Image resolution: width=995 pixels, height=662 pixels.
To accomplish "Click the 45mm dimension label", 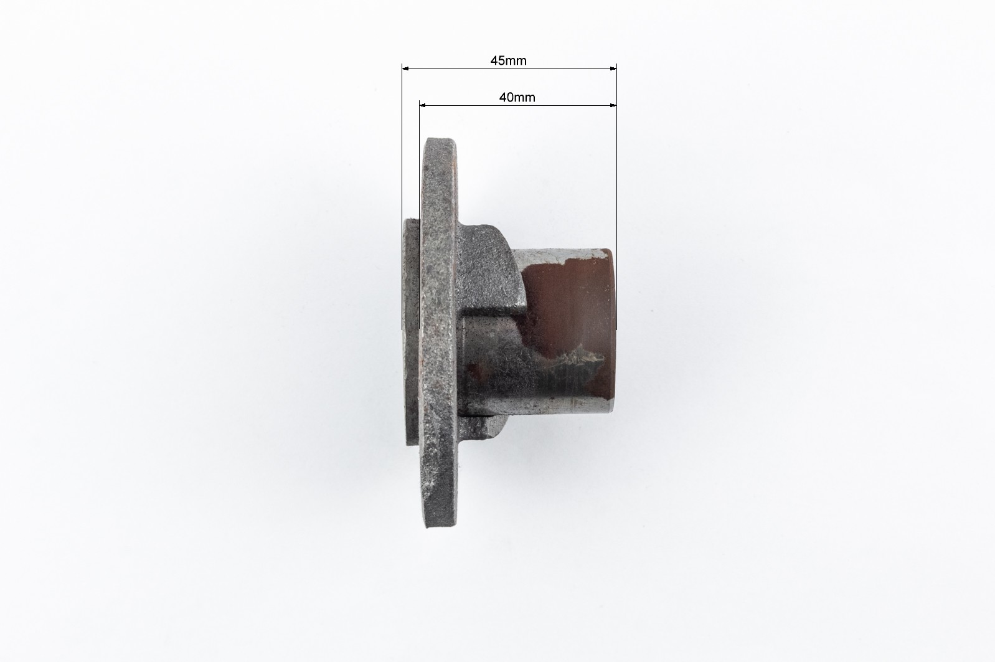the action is coord(508,60).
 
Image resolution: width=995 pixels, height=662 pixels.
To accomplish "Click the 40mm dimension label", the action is coord(517,97).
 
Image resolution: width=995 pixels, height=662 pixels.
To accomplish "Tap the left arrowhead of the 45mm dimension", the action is coord(405,69).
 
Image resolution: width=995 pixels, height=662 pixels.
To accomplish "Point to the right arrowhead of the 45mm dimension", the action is coord(613,69).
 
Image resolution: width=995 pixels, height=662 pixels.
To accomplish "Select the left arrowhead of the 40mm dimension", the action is coord(423,105).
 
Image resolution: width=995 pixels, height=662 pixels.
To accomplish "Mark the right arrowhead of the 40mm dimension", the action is coord(613,105).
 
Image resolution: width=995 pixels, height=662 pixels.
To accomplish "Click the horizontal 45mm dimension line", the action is coord(509,69).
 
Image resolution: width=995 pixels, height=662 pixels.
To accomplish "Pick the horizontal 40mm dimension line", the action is coord(518,105).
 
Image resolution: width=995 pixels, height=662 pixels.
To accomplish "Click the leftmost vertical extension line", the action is coord(402,197).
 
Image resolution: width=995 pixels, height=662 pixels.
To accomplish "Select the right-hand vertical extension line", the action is coord(616,197).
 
